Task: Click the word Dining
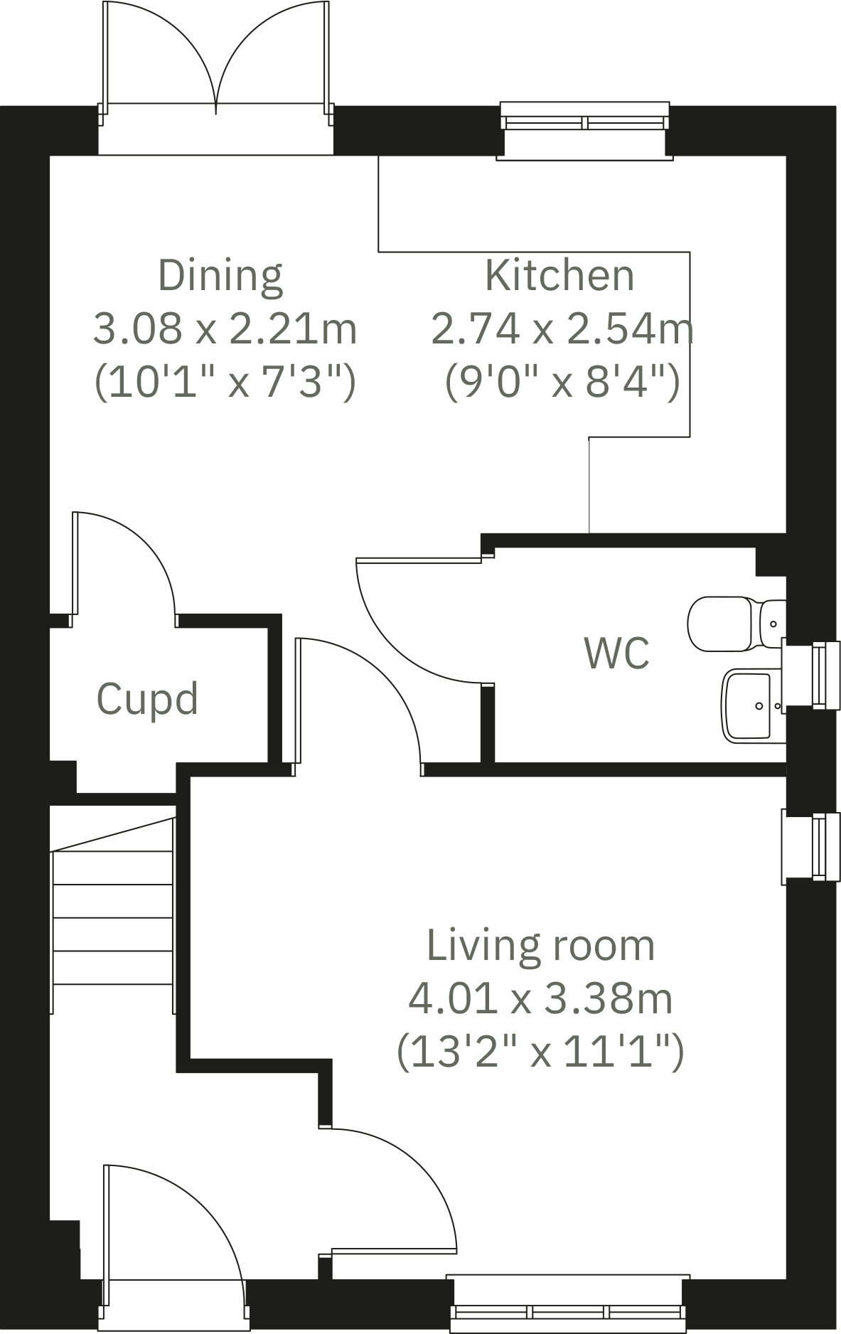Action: (x=220, y=276)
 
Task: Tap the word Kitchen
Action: (x=559, y=276)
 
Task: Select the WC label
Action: (x=616, y=653)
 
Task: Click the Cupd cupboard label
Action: (x=147, y=699)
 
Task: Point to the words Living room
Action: (x=540, y=946)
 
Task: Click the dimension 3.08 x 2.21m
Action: (x=225, y=329)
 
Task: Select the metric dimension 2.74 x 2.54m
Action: (x=562, y=329)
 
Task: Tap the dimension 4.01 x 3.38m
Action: (x=540, y=998)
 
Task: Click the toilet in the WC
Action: (x=732, y=624)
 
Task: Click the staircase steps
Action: (x=114, y=917)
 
